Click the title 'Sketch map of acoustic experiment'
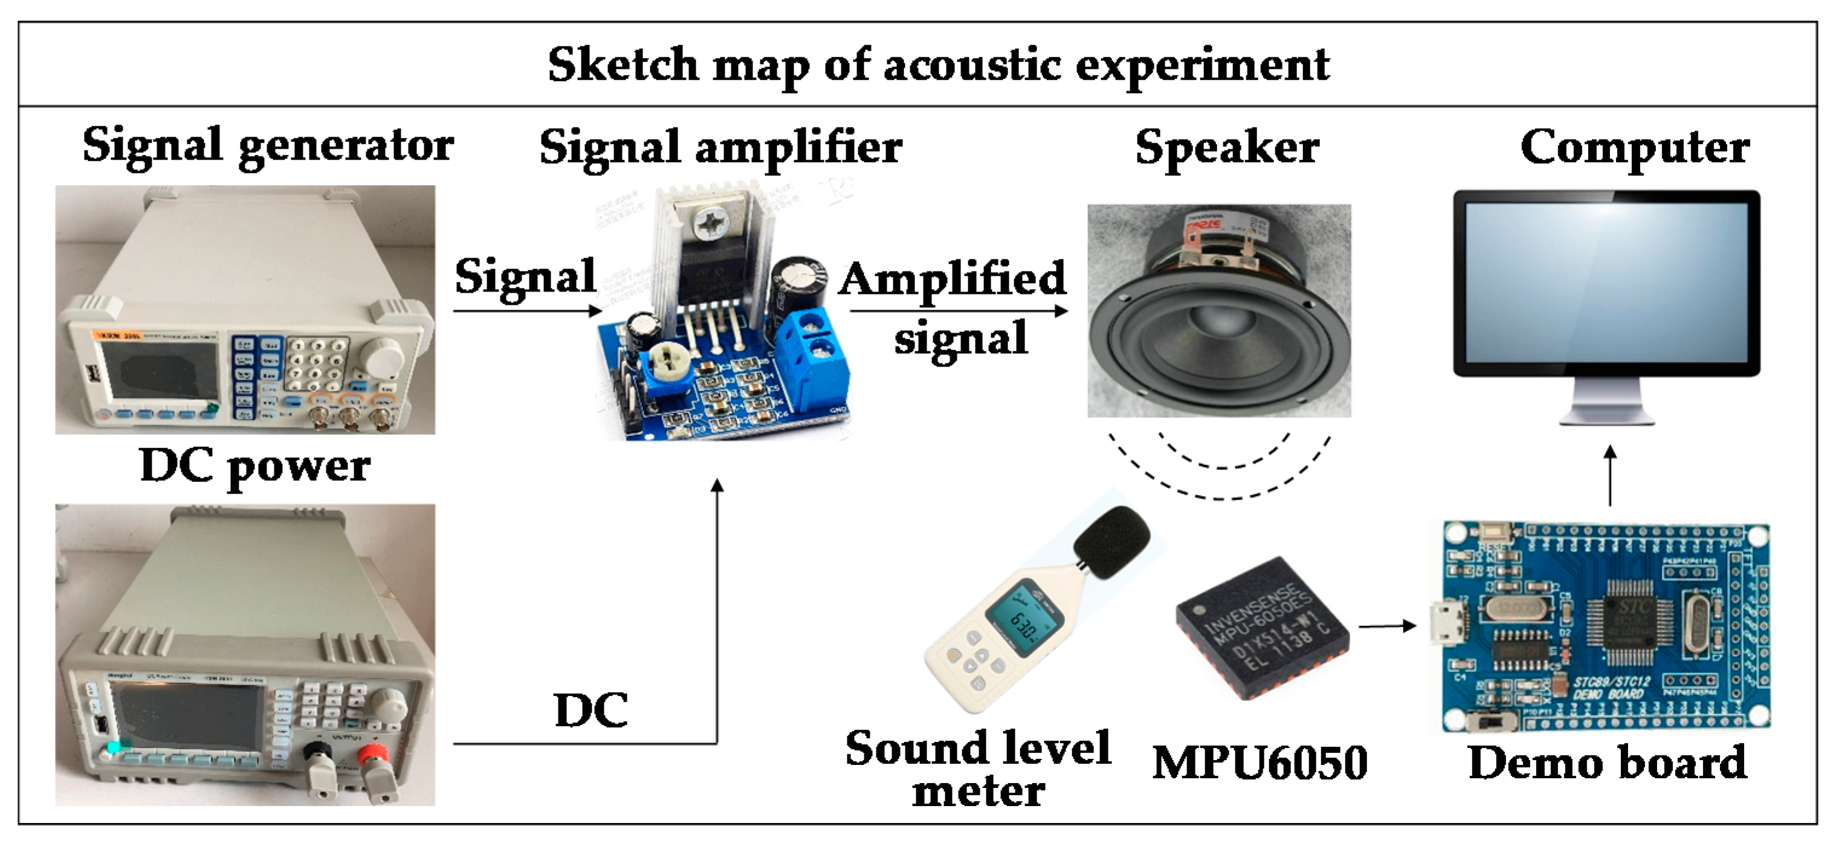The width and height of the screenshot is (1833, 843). click(938, 65)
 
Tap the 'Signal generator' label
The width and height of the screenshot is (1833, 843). click(268, 146)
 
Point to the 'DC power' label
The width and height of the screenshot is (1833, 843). click(255, 466)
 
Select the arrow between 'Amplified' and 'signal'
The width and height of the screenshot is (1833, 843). click(958, 310)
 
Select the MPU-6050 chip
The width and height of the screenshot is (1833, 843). click(1262, 627)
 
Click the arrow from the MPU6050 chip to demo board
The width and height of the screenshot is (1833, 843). click(1388, 626)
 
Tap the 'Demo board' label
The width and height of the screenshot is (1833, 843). click(1607, 763)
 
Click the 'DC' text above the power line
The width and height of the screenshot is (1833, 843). click(590, 711)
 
